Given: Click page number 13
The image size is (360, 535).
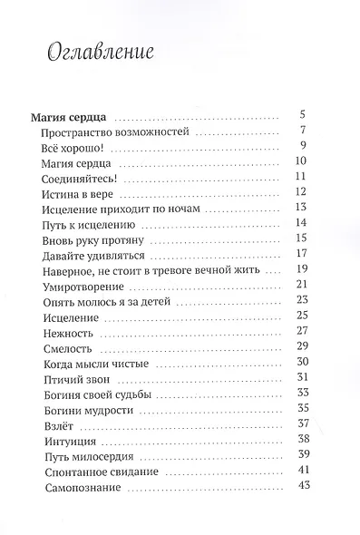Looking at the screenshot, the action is (304, 208).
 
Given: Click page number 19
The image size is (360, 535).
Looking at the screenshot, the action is (304, 269).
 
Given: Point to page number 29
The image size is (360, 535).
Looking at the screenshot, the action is (304, 347).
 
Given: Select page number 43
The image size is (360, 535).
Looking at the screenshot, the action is (304, 490).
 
